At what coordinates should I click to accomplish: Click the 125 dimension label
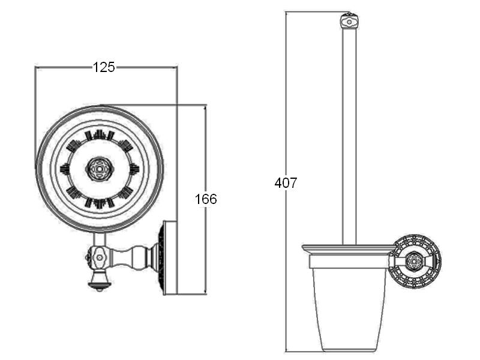coord(104,67)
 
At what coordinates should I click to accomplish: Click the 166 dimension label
coord(206,199)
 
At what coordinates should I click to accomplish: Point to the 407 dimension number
coord(286,183)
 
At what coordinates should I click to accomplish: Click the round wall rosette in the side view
coord(416,261)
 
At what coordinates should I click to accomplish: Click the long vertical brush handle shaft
coord(349,136)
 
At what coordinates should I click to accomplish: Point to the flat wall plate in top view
coord(171,258)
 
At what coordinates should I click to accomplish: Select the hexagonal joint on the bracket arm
coord(100,258)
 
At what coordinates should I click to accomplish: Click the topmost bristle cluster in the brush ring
coord(100,135)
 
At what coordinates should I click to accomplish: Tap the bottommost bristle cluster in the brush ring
coord(100,203)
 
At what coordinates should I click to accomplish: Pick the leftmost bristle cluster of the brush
coord(65,169)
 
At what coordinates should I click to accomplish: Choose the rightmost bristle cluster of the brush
coord(134,169)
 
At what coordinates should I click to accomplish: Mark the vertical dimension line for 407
coord(286,182)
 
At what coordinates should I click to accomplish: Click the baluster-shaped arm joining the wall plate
coord(133,257)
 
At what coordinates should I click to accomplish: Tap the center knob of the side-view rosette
coord(414,261)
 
